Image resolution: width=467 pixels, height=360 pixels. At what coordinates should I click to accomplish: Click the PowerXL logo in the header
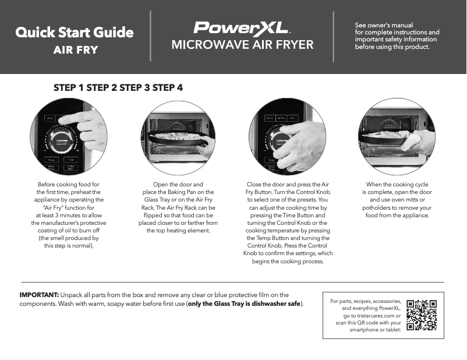pos(242,28)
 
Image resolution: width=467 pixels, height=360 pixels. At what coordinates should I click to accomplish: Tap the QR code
pos(422,315)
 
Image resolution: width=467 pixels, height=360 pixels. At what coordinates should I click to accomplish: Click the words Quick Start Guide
pos(75,33)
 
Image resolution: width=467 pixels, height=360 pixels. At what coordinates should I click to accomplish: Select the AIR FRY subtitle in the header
pos(75,50)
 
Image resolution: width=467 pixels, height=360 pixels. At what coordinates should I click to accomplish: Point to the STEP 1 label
pos(69,88)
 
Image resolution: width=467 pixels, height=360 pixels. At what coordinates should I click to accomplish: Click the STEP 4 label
pos(168,88)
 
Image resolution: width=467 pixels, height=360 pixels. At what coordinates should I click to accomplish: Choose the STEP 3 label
pos(135,88)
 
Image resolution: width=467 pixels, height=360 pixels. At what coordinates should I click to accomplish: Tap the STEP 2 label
pos(102,88)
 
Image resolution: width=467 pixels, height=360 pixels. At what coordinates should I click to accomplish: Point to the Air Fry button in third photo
pos(282,118)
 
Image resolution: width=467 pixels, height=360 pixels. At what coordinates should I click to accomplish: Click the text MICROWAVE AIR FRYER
pos(242,45)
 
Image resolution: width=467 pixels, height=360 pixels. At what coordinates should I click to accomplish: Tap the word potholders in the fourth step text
pos(378,207)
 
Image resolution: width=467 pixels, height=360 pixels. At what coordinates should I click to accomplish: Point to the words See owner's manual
pos(384,26)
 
